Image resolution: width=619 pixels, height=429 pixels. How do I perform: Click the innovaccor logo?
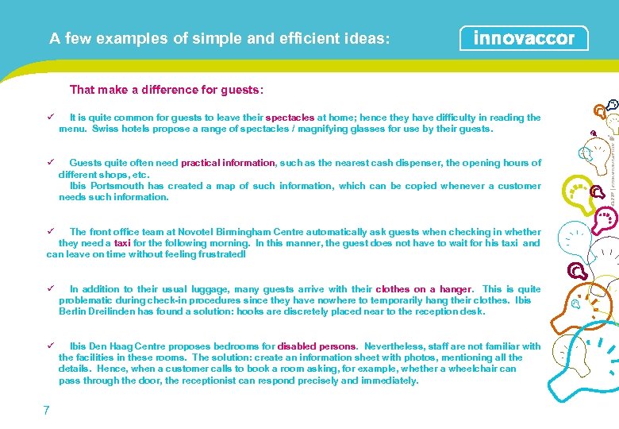click(x=524, y=38)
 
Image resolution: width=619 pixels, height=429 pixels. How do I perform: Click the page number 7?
click(x=47, y=410)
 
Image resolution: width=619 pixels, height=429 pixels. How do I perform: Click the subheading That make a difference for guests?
click(x=167, y=90)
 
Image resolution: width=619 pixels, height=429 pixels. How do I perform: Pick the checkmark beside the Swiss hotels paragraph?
click(x=50, y=118)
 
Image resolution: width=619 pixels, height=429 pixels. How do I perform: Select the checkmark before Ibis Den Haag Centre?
click(x=50, y=346)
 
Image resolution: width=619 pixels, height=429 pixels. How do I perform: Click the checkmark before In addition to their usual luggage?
click(x=50, y=289)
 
